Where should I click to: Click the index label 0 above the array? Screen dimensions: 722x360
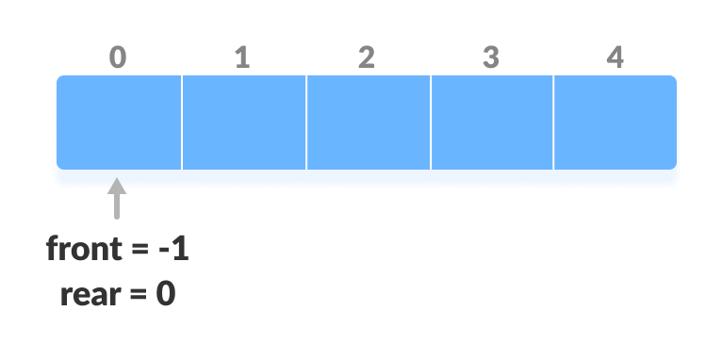117,58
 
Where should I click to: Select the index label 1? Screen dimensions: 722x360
242,58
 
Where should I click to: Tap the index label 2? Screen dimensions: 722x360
367,58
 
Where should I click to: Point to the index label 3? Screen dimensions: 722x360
490,58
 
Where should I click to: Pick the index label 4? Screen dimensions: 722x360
615,58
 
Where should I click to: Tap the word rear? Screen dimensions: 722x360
89,295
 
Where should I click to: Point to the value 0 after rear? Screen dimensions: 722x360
166,295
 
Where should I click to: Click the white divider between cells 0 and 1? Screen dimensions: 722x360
181,123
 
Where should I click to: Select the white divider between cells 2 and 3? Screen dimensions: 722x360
430,123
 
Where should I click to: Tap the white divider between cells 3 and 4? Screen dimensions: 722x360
553,123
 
